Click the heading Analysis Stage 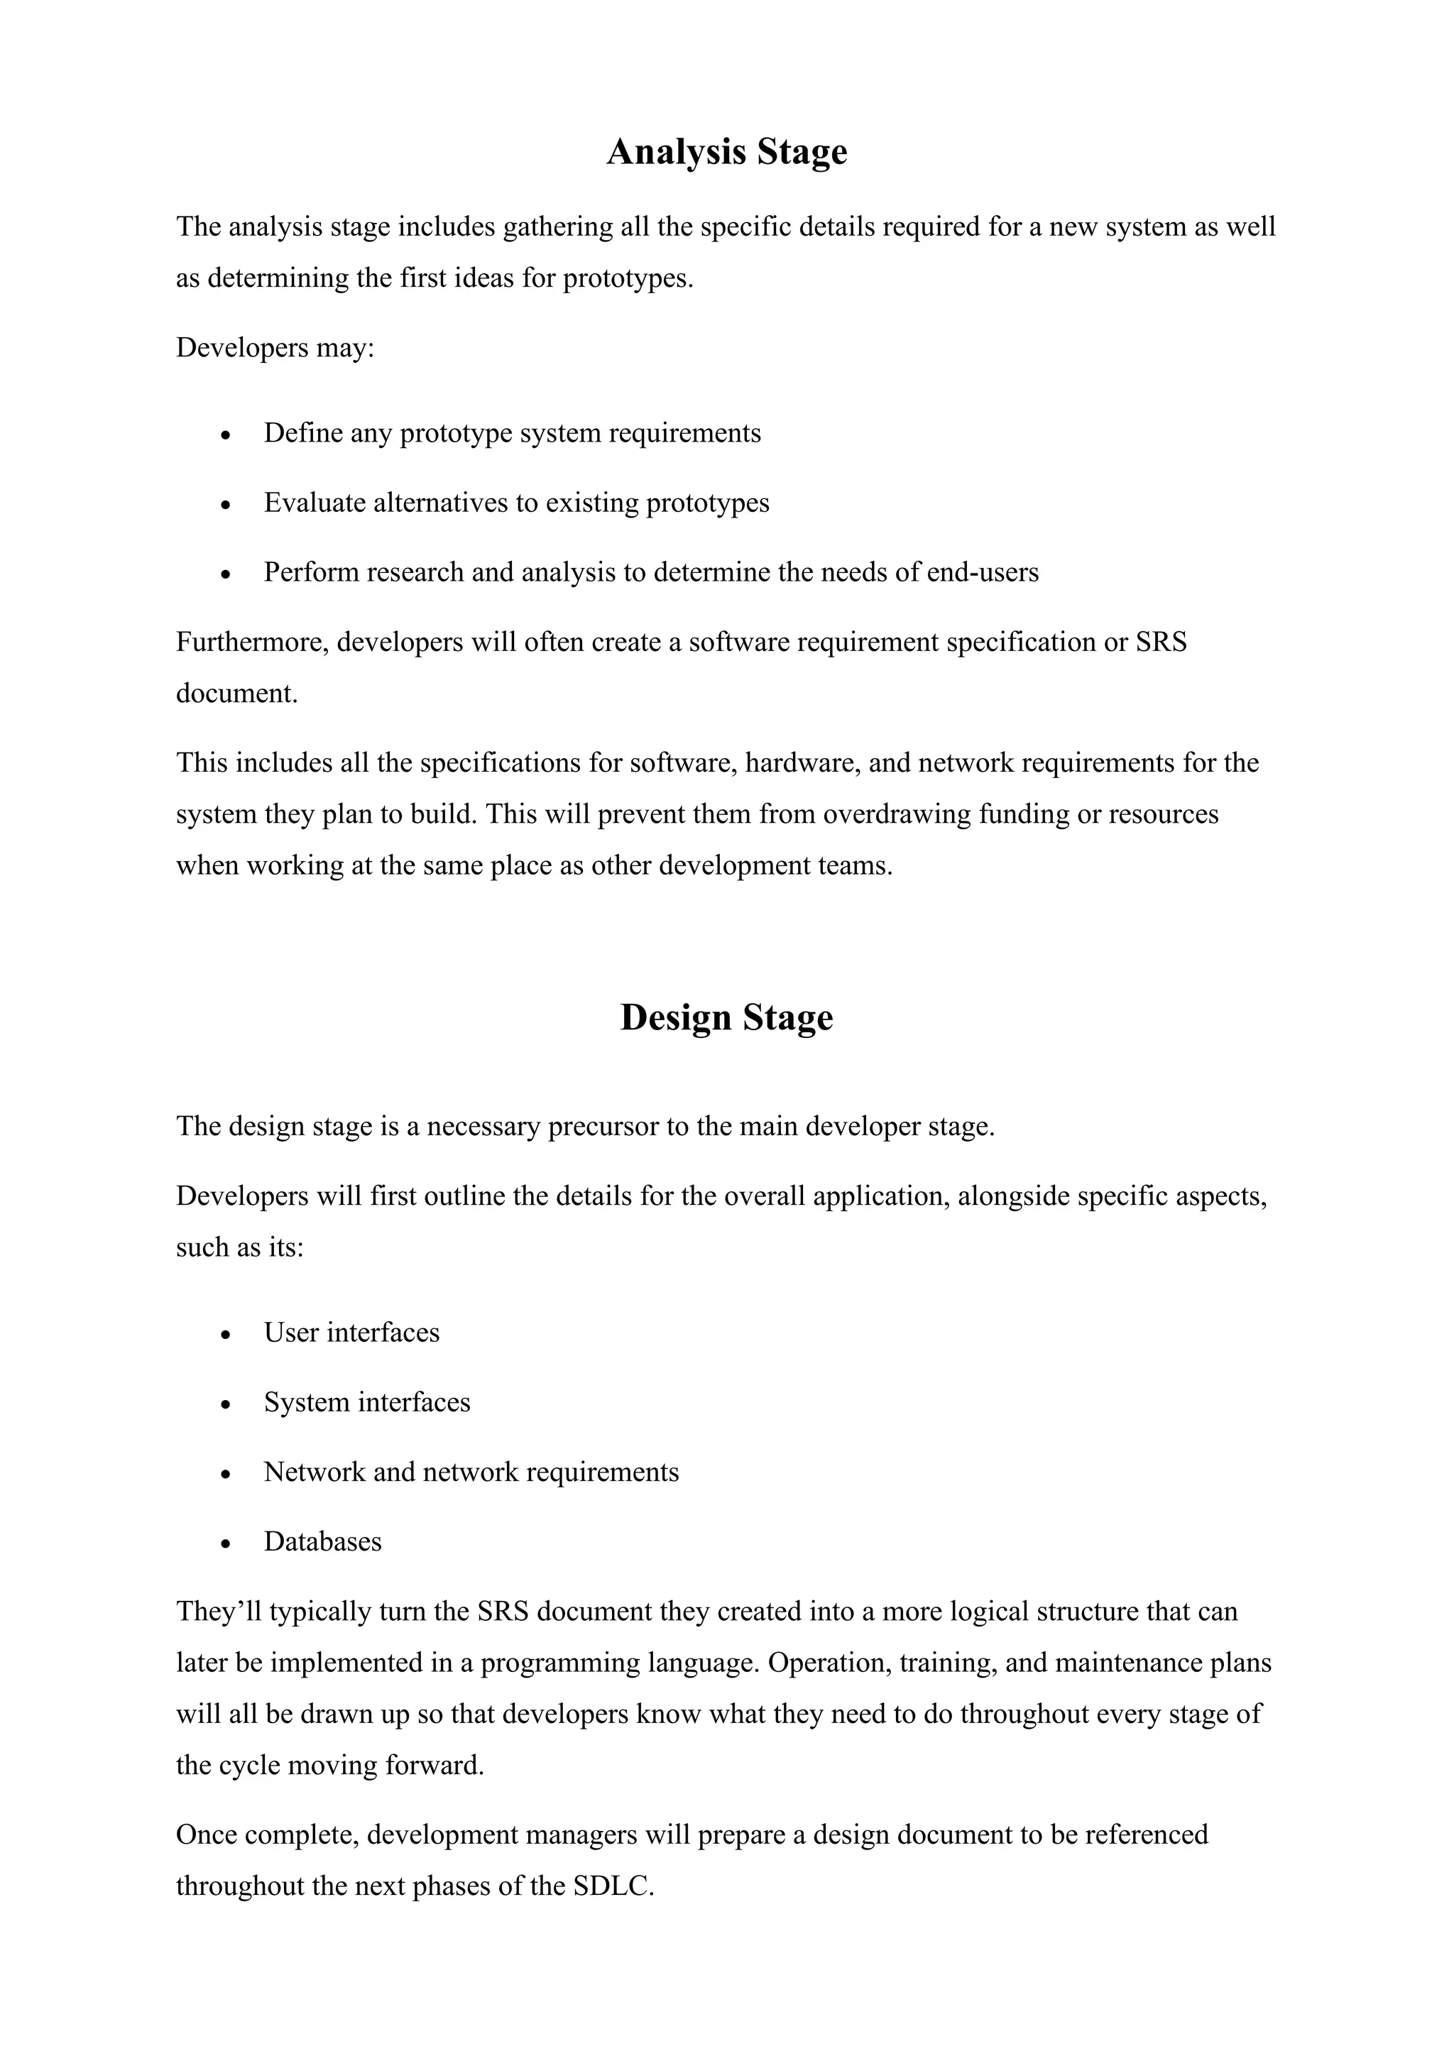tap(726, 151)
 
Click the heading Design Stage tap(726, 1017)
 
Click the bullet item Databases tap(322, 1542)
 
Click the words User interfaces tap(352, 1333)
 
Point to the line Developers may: tap(275, 347)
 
